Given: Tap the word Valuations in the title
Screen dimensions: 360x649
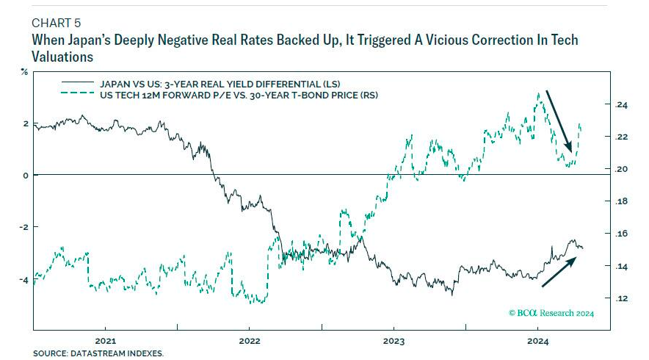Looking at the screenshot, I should [64, 56].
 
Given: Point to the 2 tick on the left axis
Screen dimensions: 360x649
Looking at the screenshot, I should [25, 123].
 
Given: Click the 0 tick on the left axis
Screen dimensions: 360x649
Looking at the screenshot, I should [25, 175].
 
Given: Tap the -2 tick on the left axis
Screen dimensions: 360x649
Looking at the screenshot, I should [23, 227].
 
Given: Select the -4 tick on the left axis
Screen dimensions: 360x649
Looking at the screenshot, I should [23, 280].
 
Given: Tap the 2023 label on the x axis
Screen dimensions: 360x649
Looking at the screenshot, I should [394, 340].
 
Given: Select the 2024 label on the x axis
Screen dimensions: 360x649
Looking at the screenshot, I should [538, 340].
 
